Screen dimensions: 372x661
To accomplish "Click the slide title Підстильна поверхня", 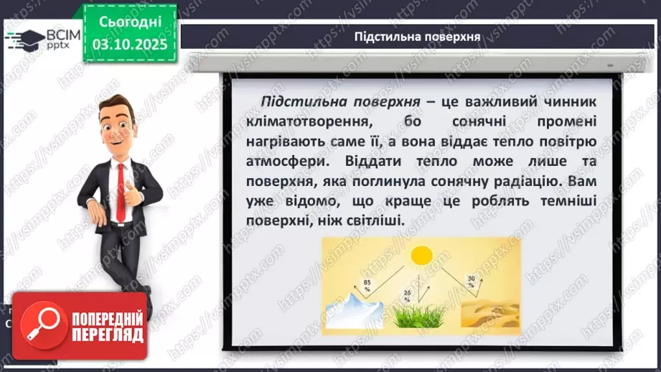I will (x=417, y=36).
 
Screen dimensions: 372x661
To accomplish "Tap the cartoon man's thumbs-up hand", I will (x=139, y=194).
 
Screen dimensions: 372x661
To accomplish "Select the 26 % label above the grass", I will (x=408, y=294).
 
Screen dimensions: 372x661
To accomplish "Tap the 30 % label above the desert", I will (x=471, y=281).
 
